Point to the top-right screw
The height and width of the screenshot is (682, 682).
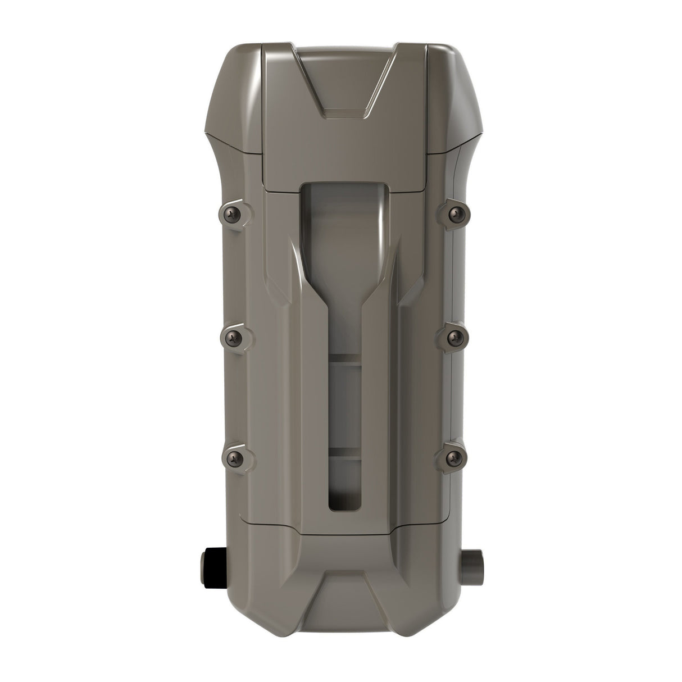[x=454, y=213]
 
